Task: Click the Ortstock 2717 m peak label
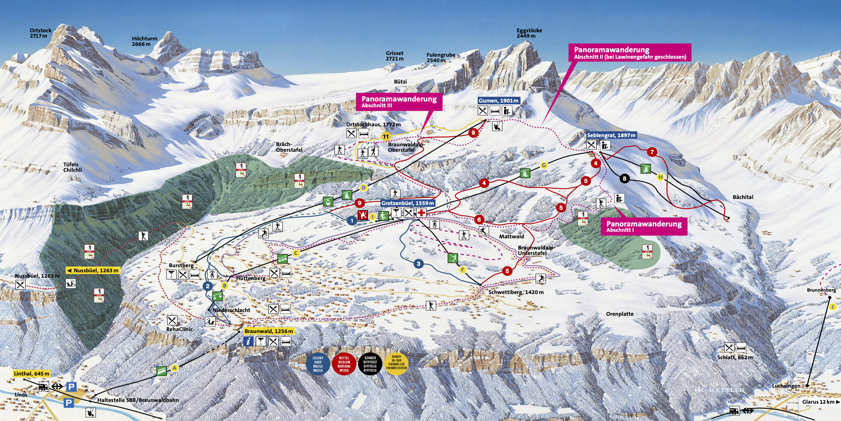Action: pyautogui.click(x=40, y=33)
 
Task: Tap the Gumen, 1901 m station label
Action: pyautogui.click(x=498, y=100)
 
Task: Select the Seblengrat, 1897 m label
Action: pyautogui.click(x=611, y=135)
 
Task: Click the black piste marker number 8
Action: pyautogui.click(x=624, y=178)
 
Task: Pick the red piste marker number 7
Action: pyautogui.click(x=652, y=152)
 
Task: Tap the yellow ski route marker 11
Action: pyautogui.click(x=386, y=137)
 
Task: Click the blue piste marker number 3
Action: pyautogui.click(x=418, y=264)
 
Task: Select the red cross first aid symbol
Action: pyautogui.click(x=421, y=213)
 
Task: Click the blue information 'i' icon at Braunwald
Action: pyautogui.click(x=248, y=341)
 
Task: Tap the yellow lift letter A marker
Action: pyautogui.click(x=175, y=368)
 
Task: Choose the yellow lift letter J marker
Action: pyautogui.click(x=832, y=307)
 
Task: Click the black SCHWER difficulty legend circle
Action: pyautogui.click(x=370, y=364)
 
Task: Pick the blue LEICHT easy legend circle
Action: pyautogui.click(x=318, y=364)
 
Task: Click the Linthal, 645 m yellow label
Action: pyautogui.click(x=32, y=373)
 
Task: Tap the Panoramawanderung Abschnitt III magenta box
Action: pyautogui.click(x=399, y=102)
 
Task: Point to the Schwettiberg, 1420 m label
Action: pyautogui.click(x=516, y=292)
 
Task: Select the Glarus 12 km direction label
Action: pyautogui.click(x=820, y=402)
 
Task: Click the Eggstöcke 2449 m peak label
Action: pyautogui.click(x=529, y=33)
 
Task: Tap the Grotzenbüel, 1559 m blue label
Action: pyautogui.click(x=407, y=203)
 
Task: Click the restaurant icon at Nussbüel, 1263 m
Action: pyautogui.click(x=20, y=285)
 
